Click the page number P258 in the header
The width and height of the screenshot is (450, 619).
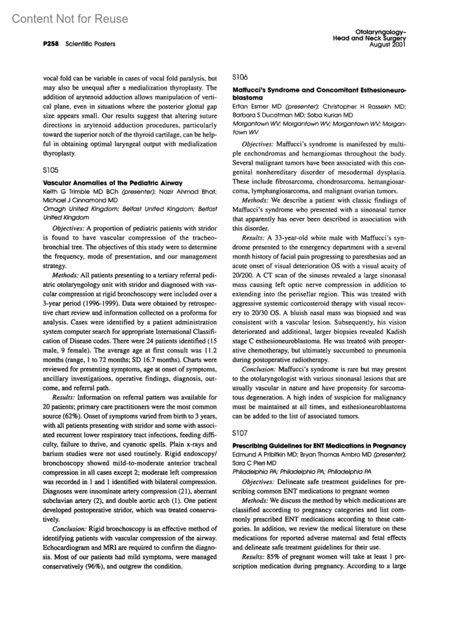click(51, 44)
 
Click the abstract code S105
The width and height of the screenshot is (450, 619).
click(51, 170)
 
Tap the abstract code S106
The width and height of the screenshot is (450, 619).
click(240, 77)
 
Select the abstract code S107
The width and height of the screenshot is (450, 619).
click(240, 433)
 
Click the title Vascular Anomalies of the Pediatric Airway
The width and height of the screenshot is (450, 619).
click(112, 183)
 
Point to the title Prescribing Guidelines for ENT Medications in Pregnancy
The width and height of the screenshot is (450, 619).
click(319, 446)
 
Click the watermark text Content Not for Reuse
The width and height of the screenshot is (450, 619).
click(70, 19)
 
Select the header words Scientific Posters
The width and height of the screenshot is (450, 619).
click(90, 44)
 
